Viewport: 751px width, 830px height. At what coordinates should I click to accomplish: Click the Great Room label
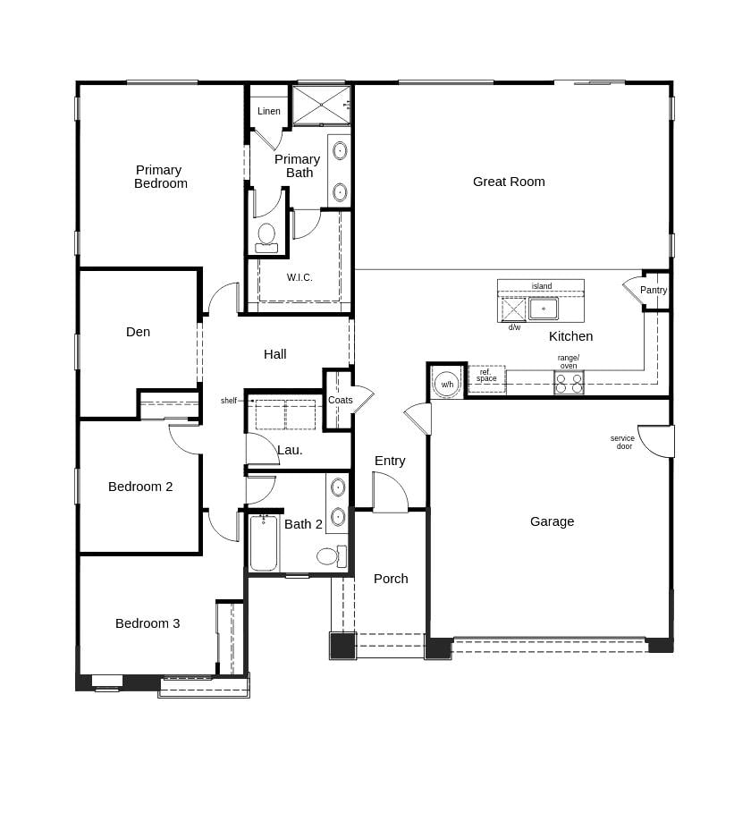click(x=509, y=182)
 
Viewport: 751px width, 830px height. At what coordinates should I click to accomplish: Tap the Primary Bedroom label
click(x=160, y=176)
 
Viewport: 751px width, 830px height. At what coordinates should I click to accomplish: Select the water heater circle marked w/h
click(x=447, y=384)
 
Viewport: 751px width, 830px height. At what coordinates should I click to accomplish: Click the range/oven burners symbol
click(x=569, y=384)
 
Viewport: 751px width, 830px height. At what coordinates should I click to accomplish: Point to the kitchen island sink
click(x=543, y=309)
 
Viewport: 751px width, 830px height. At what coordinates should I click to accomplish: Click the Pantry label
click(x=654, y=290)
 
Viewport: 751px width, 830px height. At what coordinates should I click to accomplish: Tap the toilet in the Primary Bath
click(x=266, y=237)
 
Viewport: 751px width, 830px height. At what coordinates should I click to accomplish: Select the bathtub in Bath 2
click(x=263, y=543)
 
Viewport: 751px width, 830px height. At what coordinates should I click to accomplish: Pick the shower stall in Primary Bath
click(x=321, y=105)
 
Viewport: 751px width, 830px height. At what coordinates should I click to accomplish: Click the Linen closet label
click(x=269, y=111)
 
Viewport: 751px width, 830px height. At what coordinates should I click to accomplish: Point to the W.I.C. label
click(x=300, y=277)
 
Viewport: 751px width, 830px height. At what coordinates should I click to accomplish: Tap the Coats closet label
click(x=340, y=400)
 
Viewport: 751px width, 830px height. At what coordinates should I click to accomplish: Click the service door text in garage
click(x=623, y=442)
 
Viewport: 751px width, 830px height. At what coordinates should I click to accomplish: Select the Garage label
click(x=552, y=521)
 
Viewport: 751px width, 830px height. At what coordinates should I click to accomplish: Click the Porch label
click(x=391, y=579)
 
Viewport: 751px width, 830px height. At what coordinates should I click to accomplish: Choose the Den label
click(x=138, y=332)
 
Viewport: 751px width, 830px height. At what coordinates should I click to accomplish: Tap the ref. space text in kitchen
click(x=486, y=376)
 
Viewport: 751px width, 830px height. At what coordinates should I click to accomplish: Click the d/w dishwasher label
click(x=514, y=327)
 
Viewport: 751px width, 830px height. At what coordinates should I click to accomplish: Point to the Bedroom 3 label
click(x=148, y=623)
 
